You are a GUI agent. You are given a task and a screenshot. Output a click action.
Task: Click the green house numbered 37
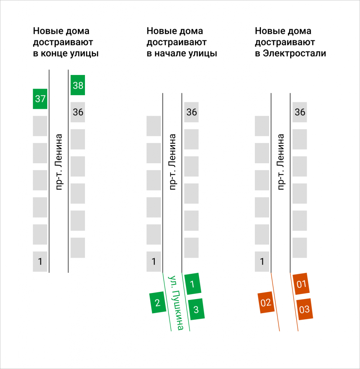pos(40,99)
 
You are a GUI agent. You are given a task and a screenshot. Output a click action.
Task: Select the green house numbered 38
pos(78,85)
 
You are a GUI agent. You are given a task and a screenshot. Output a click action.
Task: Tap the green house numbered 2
pos(158,302)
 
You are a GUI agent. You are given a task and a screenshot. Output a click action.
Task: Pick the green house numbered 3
pos(196,309)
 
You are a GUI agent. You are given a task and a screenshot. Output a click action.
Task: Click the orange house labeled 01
pos(301,284)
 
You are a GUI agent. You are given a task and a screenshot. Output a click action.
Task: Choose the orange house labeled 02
pos(266,302)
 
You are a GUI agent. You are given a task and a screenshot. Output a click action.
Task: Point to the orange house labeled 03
pos(305,309)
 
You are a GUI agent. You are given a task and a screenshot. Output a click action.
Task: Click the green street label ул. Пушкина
pos(176,303)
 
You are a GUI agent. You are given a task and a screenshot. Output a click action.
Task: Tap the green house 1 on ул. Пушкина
pos(193,284)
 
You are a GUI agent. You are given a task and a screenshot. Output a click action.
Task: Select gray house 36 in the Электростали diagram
pos(300,112)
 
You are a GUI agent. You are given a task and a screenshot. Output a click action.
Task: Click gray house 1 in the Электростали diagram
pos(262,262)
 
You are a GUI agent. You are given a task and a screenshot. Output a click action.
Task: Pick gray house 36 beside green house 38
pos(78,112)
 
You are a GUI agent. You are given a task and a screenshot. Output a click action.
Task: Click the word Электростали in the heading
pos(294,53)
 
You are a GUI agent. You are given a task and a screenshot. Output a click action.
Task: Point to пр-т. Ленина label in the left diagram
pos(59,162)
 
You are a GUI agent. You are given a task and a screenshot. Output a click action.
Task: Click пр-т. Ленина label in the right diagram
pos(281,162)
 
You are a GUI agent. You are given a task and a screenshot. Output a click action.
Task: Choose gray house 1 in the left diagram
pos(40,262)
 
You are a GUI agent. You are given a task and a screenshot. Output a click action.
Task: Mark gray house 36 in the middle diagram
pos(192,112)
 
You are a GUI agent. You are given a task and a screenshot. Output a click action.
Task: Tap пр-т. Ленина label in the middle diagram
pos(172,162)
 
